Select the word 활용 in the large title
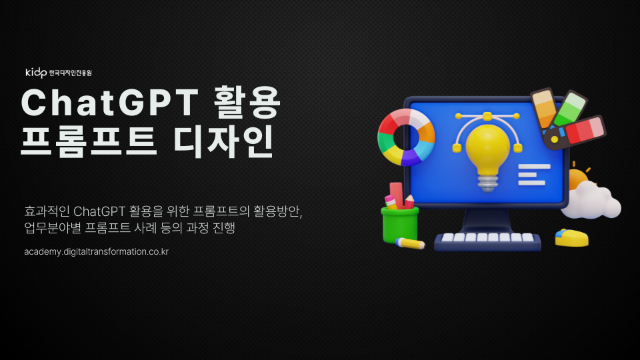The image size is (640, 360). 246,103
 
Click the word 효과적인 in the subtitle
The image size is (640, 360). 47,212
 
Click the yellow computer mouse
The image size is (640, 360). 573,237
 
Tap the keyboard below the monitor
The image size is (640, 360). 487,240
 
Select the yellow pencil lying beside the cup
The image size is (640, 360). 411,243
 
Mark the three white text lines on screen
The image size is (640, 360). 533,174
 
